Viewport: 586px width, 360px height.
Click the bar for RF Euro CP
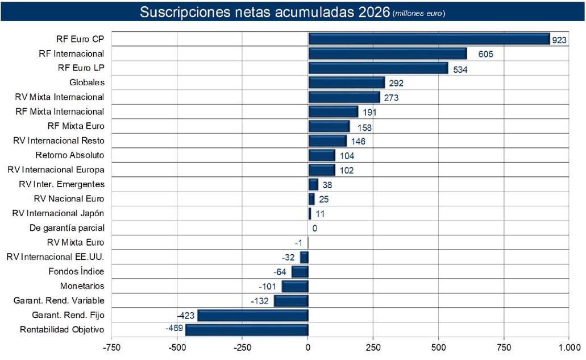429,39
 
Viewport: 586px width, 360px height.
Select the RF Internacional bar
387,54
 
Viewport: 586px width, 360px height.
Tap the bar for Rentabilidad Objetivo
247,330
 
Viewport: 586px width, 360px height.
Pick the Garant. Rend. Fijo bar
252,315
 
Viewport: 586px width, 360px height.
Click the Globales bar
346,83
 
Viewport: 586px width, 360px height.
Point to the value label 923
559,40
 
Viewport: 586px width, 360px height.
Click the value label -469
174,329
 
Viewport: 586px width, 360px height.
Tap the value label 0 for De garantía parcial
314,228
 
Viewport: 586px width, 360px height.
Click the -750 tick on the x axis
111,346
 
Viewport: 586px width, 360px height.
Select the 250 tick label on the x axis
373,346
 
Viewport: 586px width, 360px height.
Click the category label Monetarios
82,285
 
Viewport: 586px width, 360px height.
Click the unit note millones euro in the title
419,13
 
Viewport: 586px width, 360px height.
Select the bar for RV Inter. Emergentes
313,184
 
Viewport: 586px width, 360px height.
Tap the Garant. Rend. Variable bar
291,301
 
